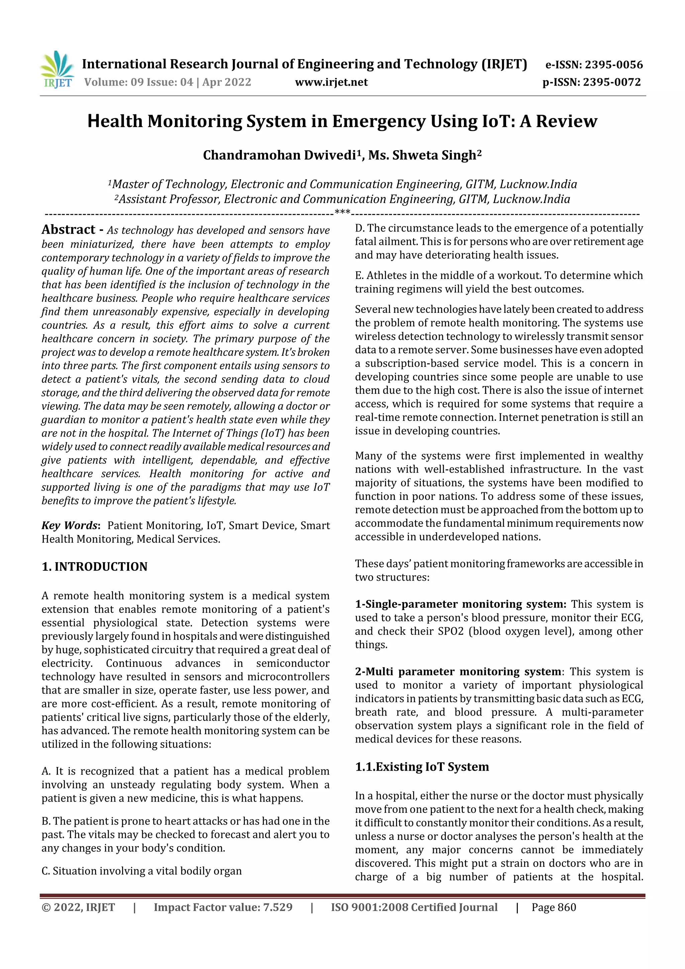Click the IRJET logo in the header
57,70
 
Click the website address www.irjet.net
331,82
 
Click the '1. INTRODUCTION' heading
95,566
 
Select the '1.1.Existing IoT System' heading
422,766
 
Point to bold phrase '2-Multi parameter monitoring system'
458,671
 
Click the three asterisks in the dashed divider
342,212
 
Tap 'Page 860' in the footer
554,907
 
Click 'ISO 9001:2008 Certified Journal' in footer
414,907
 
